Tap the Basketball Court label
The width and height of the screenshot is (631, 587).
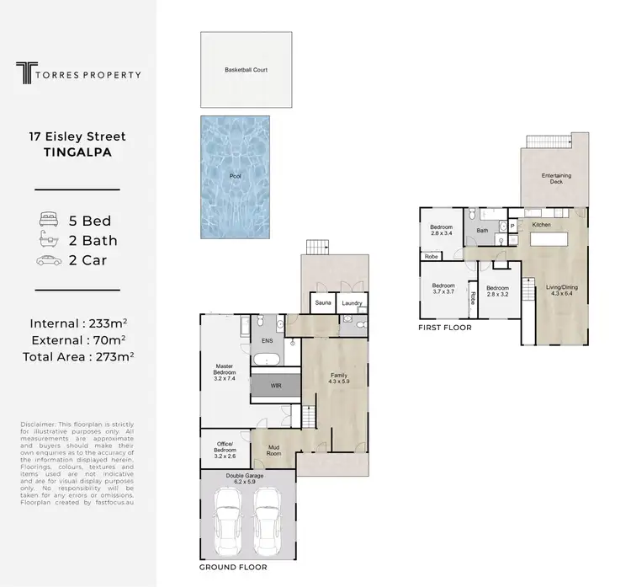[246, 70]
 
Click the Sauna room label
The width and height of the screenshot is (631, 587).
[323, 302]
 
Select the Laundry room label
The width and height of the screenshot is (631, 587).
[352, 302]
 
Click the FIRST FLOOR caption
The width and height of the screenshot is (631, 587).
[445, 327]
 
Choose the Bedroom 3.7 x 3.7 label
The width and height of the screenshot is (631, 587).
[443, 287]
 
